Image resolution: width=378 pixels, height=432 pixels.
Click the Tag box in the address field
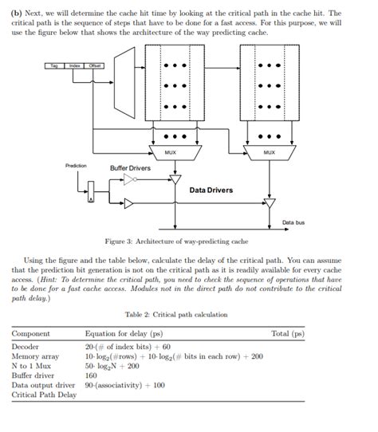[55, 65]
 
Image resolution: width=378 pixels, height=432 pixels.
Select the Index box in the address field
[75, 65]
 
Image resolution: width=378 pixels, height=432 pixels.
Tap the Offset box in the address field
[95, 65]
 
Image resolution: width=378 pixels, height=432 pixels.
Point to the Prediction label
[76, 165]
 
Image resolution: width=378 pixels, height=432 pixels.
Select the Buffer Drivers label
[130, 168]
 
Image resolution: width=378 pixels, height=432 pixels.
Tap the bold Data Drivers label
[211, 190]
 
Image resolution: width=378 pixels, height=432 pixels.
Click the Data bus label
[293, 222]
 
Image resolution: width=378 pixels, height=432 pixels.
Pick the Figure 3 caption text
[176, 241]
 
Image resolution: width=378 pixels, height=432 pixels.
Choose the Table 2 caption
[176, 314]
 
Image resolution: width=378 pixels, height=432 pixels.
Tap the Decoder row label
[26, 347]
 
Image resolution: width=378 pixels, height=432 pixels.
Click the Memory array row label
[35, 356]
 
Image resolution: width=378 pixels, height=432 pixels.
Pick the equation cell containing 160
[91, 375]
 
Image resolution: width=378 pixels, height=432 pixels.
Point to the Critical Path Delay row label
[44, 395]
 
